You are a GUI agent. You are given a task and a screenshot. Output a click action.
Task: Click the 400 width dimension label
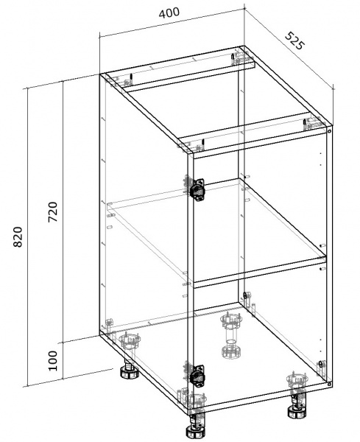pyautogui.click(x=169, y=13)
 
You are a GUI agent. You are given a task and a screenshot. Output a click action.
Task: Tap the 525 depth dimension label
pyautogui.click(x=295, y=41)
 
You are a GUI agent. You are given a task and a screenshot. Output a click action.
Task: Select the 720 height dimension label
pyautogui.click(x=53, y=211)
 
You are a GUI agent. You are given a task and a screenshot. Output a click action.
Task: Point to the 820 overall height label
pyautogui.click(x=18, y=236)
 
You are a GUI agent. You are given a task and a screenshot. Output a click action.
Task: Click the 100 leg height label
pyautogui.click(x=53, y=361)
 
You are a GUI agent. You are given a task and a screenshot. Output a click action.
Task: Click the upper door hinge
pyautogui.click(x=197, y=189)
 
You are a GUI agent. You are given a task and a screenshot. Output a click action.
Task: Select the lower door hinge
pyautogui.click(x=197, y=374)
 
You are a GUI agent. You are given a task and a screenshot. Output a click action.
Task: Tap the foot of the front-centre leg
pyautogui.click(x=196, y=430)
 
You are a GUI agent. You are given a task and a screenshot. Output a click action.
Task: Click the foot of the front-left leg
pyautogui.click(x=130, y=372)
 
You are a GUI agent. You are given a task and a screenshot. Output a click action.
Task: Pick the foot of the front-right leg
pyautogui.click(x=297, y=412)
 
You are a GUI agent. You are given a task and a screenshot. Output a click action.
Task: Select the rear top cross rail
pyautogui.click(x=184, y=73)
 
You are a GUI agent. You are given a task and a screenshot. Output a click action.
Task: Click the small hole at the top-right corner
pyautogui.click(x=329, y=131)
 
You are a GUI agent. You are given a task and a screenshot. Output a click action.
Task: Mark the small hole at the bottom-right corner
pyautogui.click(x=329, y=384)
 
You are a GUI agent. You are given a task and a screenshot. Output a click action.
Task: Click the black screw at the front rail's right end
pyautogui.click(x=305, y=123)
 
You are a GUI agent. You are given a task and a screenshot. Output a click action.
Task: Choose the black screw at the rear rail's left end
pyautogui.click(x=131, y=77)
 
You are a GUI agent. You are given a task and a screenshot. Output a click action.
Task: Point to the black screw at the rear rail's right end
pyautogui.click(x=232, y=57)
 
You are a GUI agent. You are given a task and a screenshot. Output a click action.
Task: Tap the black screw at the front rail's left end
pyautogui.click(x=202, y=143)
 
